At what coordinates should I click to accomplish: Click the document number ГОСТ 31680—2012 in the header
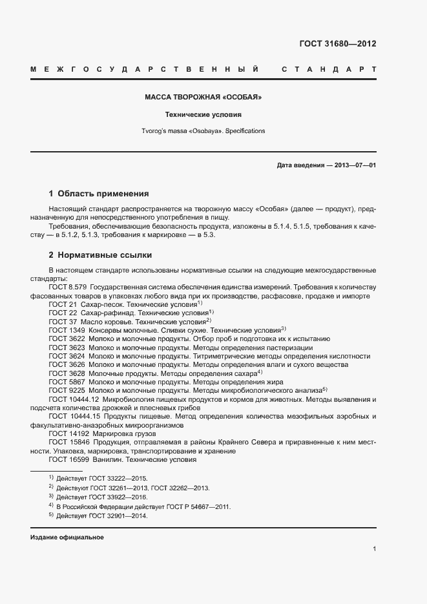click(337, 44)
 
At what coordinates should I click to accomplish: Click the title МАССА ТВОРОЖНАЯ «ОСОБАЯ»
click(203, 98)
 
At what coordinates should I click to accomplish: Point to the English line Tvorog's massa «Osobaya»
click(203, 130)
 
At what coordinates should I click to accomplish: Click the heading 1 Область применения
click(99, 193)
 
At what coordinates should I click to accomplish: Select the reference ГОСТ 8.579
click(67, 286)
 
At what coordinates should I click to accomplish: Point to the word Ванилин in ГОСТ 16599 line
click(107, 460)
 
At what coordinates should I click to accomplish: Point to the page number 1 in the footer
click(375, 549)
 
